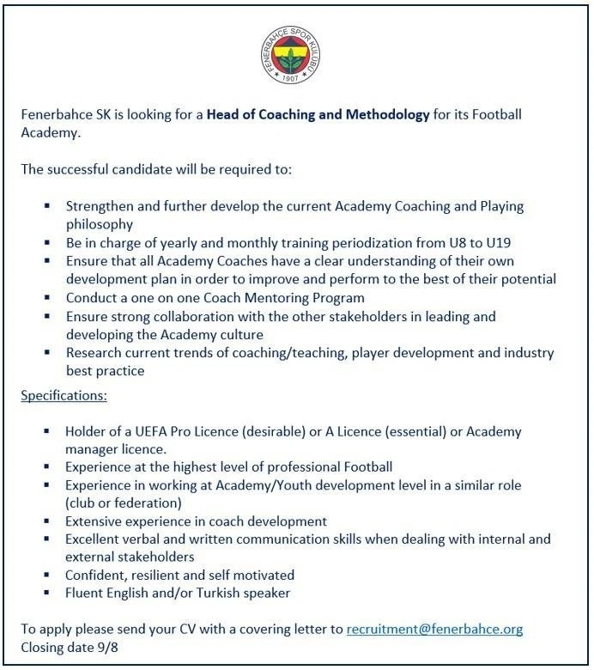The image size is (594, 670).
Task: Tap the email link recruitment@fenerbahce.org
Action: pos(434,629)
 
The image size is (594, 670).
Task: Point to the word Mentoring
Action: pos(262,297)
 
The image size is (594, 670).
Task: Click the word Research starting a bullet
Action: pos(94,353)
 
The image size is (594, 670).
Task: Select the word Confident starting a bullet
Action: pos(96,575)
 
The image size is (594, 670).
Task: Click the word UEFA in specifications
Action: pos(163,432)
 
